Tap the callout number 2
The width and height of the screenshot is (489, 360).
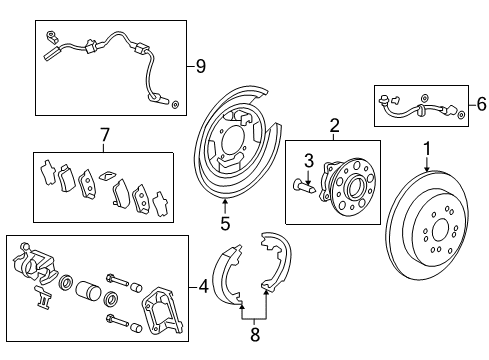[x=335, y=126]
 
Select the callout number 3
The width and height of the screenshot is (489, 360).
[x=308, y=161]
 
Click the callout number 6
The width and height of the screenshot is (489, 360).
[x=481, y=103]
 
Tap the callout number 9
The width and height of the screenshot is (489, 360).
[x=201, y=68]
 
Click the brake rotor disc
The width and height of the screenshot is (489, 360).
[x=430, y=236]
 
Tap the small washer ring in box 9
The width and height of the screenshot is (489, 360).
[x=176, y=104]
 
